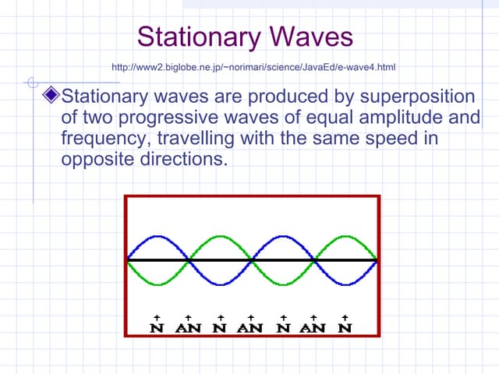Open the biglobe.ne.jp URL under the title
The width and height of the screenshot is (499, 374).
tap(255, 67)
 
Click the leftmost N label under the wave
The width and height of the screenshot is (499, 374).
tap(157, 327)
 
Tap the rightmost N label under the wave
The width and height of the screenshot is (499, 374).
tap(344, 327)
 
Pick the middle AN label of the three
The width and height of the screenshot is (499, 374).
tap(251, 327)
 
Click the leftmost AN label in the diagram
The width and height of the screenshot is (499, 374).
tap(189, 327)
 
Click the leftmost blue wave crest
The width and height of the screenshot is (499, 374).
tap(157, 236)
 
